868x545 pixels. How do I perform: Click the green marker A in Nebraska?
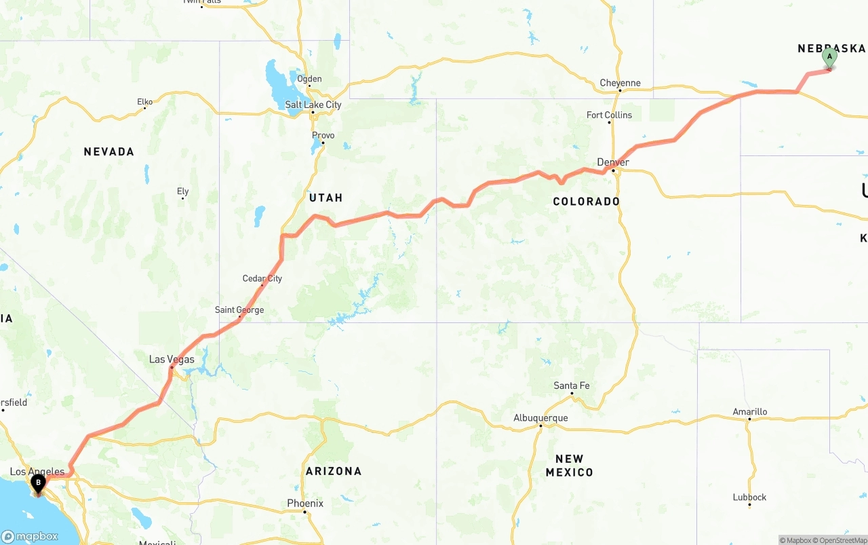point(829,58)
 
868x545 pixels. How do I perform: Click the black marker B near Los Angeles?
point(39,484)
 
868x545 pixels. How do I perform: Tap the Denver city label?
point(613,162)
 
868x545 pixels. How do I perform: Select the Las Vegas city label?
point(172,359)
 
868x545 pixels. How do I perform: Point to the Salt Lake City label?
point(313,105)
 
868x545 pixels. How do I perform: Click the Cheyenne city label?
point(620,83)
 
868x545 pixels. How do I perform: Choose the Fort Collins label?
point(609,115)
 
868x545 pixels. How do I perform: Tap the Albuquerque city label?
point(540,418)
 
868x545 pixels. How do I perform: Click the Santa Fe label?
point(571,386)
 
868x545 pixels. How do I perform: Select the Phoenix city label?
point(305,504)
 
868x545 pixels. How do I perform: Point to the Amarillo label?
point(750,412)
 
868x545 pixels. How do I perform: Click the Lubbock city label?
point(749,497)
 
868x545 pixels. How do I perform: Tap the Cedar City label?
point(262,278)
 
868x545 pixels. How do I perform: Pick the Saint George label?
point(239,310)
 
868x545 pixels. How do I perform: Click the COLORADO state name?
point(586,202)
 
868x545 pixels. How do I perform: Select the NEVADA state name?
point(108,152)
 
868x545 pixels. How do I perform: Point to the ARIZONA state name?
point(334,471)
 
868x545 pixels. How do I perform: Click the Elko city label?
point(145,102)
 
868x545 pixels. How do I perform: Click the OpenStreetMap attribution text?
point(840,540)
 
